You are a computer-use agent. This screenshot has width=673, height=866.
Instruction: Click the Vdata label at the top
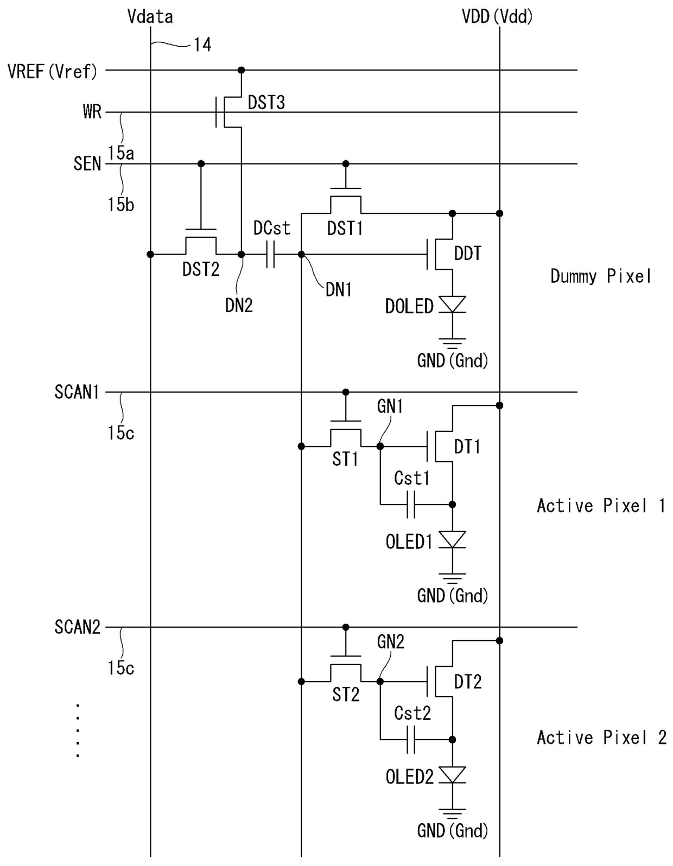point(150,17)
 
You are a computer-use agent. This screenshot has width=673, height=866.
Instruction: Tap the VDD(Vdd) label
point(497,17)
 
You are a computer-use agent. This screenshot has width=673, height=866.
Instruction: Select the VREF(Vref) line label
point(52,72)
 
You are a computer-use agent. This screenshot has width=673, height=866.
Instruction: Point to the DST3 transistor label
point(266,103)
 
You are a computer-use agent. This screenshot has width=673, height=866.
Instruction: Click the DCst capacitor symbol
point(270,254)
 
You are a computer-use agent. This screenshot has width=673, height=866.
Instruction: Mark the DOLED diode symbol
point(453,305)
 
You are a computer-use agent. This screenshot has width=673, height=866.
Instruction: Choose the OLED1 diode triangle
point(453,540)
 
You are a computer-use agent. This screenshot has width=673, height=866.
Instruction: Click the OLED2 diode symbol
point(453,775)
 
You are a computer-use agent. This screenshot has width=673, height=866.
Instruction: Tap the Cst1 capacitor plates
point(411,504)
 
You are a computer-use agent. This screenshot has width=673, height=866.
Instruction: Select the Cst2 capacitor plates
point(411,739)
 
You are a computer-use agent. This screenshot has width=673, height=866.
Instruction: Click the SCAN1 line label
point(77,392)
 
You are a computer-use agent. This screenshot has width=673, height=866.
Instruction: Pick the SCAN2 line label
point(77,627)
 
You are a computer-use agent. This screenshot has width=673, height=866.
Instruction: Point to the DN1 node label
point(339,290)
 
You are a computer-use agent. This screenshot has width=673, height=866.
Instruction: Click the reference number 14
point(202,45)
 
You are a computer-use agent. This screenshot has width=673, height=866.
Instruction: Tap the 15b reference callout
point(120,205)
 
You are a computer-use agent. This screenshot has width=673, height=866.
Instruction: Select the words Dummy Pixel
point(600,276)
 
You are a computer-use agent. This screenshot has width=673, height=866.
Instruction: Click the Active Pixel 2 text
point(601,737)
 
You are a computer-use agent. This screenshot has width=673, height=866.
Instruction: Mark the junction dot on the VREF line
point(241,70)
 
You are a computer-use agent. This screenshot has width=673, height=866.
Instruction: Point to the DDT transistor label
point(468,254)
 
